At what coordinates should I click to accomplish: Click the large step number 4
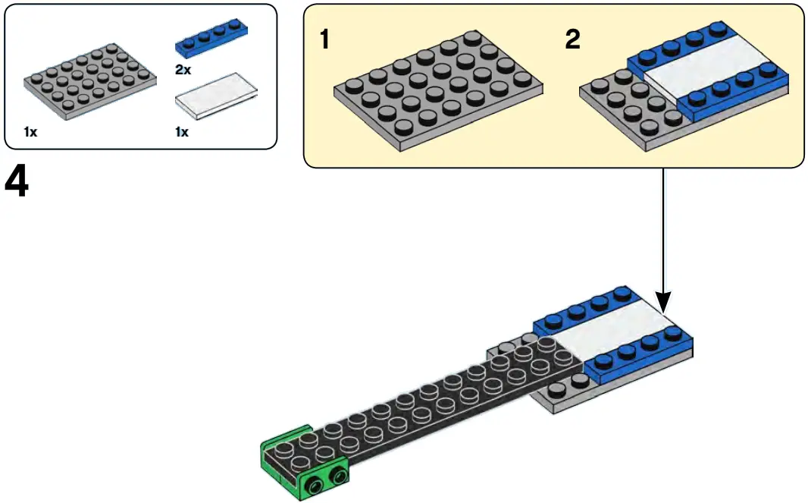(x=17, y=182)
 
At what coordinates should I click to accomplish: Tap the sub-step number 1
(x=324, y=39)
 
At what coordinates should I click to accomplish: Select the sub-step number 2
(x=572, y=39)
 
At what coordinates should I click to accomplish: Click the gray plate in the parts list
(x=89, y=82)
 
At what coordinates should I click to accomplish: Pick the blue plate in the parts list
(x=213, y=40)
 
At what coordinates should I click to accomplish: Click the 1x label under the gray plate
(x=30, y=132)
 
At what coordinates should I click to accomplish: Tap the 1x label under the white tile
(x=182, y=132)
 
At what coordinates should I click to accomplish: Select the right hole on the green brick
(x=336, y=476)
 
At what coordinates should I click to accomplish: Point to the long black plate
(x=424, y=402)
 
